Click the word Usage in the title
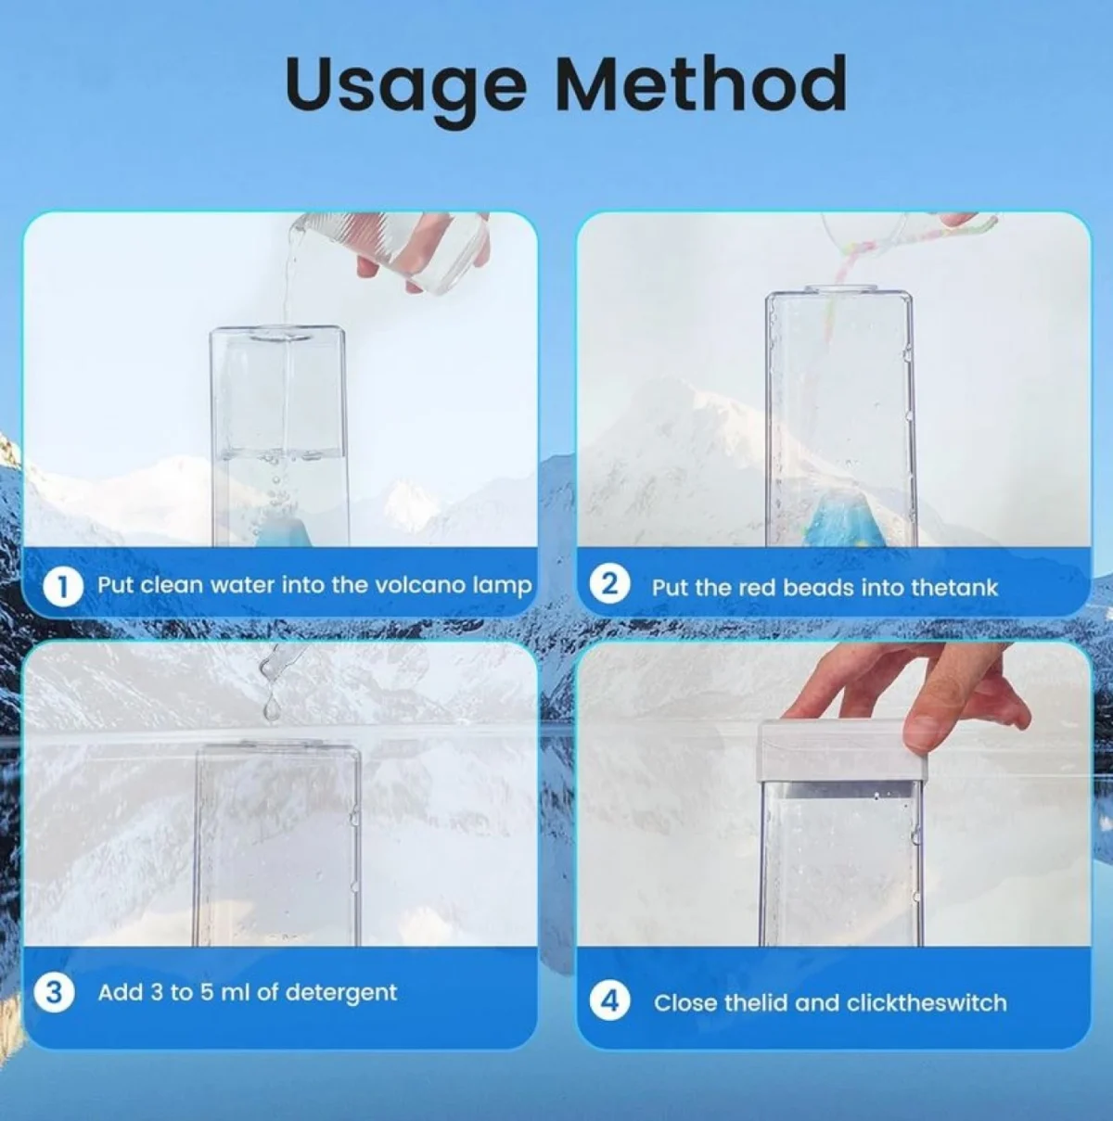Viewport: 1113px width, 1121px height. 404,84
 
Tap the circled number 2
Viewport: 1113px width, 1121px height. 608,586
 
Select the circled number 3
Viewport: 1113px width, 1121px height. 54,992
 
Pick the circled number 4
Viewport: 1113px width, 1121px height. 609,1001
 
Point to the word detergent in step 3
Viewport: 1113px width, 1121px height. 341,993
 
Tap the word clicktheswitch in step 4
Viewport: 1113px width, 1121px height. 927,1002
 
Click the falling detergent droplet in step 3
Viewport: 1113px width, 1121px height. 271,709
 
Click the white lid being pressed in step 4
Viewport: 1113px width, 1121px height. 841,751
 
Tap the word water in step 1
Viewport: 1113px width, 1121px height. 242,585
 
